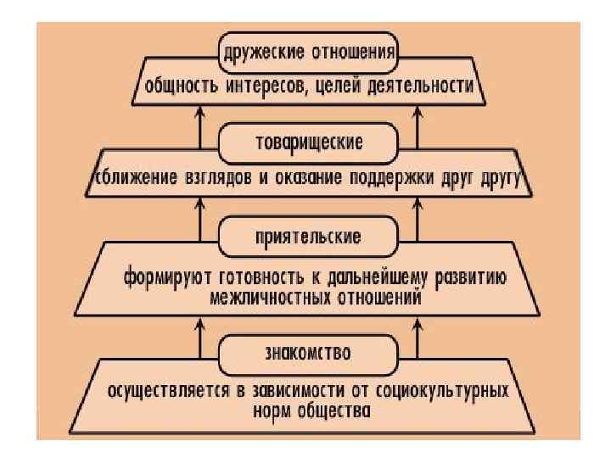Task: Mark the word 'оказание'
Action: pyautogui.click(x=324, y=180)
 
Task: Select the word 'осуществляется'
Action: pyautogui.click(x=165, y=392)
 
